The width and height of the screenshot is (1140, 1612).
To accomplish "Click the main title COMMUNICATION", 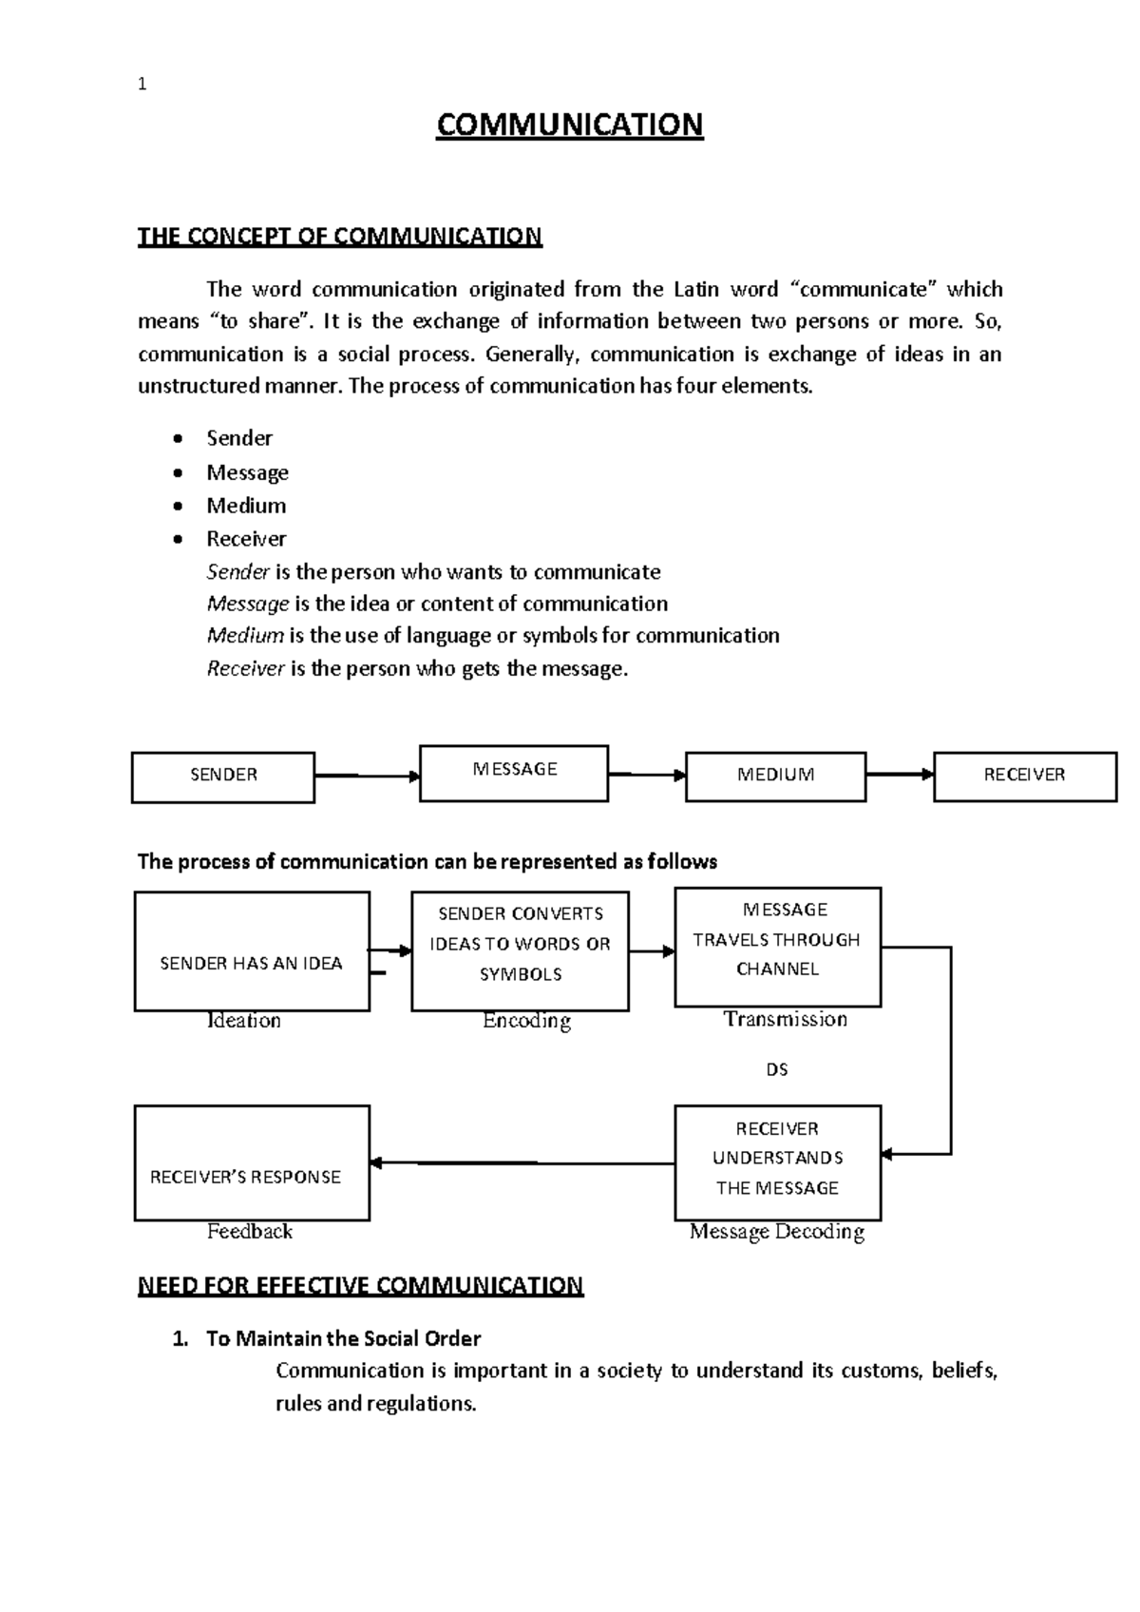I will click(x=569, y=125).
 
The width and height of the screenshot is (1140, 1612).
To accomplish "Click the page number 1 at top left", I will click(x=142, y=85).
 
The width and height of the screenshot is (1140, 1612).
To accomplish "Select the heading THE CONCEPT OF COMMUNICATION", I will click(x=339, y=236).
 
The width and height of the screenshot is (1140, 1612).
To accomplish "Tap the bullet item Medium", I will click(x=246, y=506).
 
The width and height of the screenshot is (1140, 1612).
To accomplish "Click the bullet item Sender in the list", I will click(x=239, y=438).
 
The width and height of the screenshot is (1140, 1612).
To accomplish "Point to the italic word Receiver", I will click(x=245, y=668).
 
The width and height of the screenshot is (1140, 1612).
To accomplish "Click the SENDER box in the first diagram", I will click(x=223, y=776).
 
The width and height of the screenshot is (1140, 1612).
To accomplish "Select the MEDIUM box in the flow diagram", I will click(x=775, y=776).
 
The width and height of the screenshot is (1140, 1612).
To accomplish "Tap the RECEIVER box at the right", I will click(x=1024, y=776).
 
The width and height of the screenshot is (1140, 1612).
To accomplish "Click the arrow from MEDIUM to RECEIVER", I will click(x=900, y=775).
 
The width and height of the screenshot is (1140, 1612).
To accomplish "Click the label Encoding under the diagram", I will click(x=526, y=1021).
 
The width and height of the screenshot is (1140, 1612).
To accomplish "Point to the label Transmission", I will click(x=785, y=1019).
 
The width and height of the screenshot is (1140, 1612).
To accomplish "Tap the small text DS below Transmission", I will click(x=777, y=1069).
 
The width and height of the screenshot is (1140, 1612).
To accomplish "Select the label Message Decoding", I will click(x=776, y=1232).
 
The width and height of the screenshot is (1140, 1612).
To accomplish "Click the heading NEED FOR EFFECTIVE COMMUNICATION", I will click(x=360, y=1285).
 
